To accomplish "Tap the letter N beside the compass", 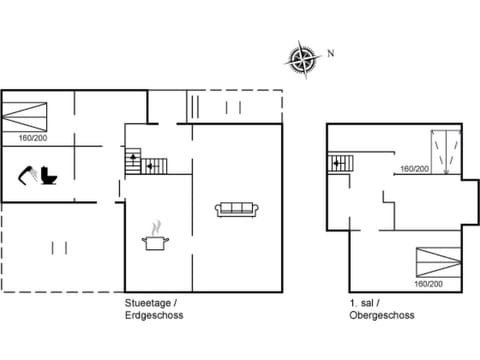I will click(330, 53).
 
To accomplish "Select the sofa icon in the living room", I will click(238, 209).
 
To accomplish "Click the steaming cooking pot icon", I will click(154, 237).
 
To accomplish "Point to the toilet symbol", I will click(52, 175).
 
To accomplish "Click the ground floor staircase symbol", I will click(140, 161).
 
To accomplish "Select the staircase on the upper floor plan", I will click(339, 161).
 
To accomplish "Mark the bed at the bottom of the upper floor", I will click(439, 263).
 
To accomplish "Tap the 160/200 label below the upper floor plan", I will click(429, 283).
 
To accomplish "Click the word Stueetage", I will click(145, 303).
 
